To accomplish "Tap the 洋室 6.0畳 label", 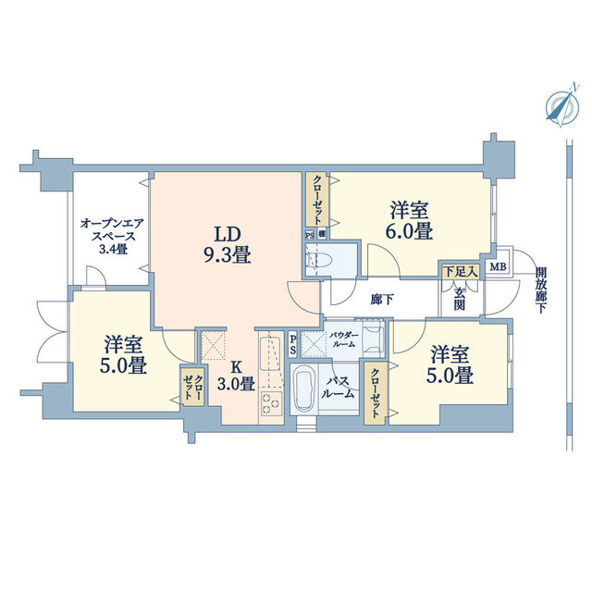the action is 411,221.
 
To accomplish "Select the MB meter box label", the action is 498,268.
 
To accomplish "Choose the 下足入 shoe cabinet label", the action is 460,272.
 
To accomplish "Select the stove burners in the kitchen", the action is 272,402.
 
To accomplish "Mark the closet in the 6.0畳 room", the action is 316,200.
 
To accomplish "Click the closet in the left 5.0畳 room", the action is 191,387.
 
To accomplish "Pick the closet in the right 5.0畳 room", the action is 377,392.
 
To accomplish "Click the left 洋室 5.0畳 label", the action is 123,355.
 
